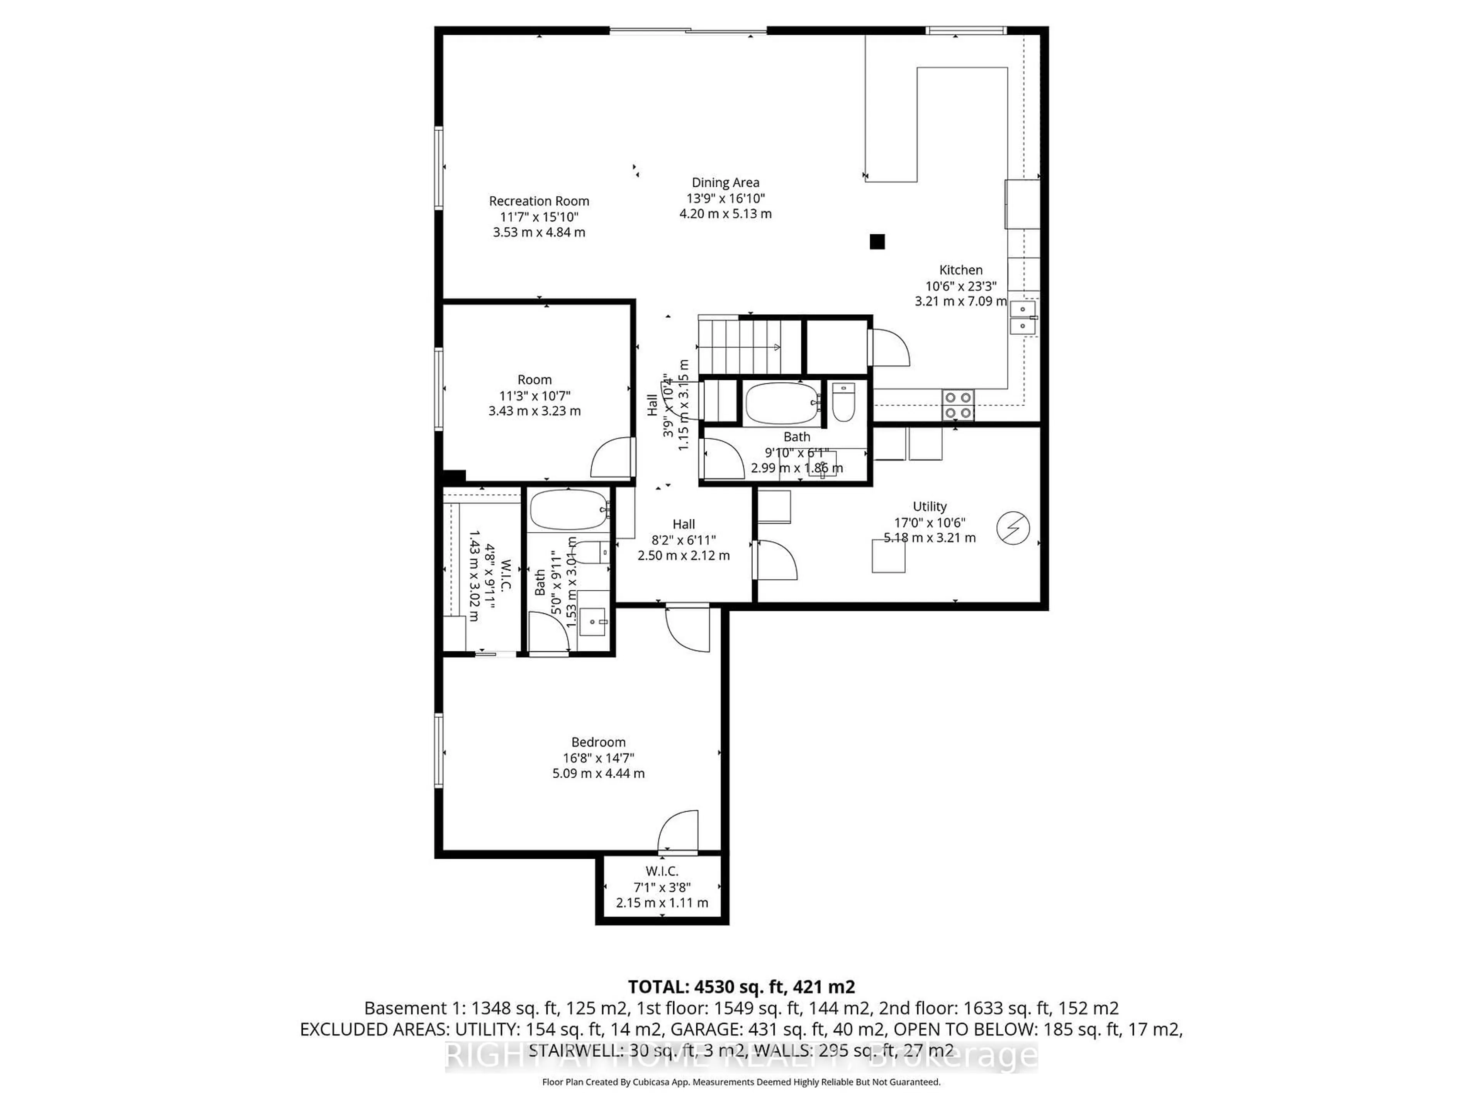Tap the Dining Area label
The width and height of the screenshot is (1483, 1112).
point(725,182)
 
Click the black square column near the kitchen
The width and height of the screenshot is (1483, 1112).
point(877,241)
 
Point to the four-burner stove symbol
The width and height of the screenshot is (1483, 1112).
point(958,405)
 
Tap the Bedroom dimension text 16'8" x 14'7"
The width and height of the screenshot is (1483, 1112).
point(598,758)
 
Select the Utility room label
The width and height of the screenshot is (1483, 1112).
point(929,507)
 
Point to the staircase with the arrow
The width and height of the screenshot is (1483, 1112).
point(750,347)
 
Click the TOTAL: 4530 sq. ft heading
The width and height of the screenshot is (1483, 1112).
point(741,987)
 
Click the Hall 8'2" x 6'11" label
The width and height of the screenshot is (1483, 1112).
point(683,524)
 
